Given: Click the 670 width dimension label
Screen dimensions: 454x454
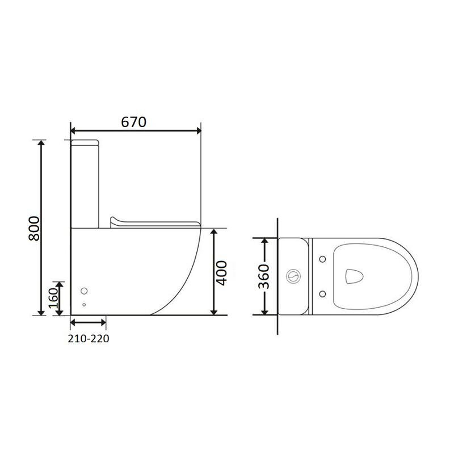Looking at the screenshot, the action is (133, 122).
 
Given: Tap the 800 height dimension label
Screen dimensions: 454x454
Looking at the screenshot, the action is (34, 228).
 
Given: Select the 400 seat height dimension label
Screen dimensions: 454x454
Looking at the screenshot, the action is (222, 273).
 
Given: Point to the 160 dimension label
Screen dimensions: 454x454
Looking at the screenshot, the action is (53, 298).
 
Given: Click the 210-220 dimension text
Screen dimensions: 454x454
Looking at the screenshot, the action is (89, 338).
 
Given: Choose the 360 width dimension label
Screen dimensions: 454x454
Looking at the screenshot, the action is (264, 276).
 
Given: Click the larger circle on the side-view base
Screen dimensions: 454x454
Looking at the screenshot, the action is (84, 291).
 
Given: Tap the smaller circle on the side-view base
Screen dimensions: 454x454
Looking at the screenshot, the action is (84, 305).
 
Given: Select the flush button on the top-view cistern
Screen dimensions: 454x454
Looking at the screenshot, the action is (293, 276).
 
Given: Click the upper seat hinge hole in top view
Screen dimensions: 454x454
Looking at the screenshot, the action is (322, 259).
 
